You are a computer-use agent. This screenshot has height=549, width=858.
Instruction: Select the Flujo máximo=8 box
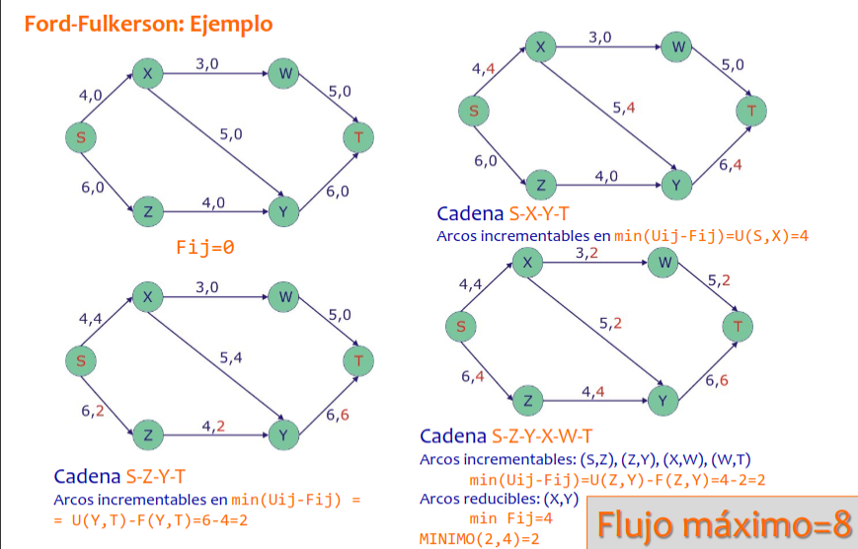pyautogui.click(x=720, y=523)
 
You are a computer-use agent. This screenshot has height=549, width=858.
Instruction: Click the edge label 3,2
pyautogui.click(x=586, y=254)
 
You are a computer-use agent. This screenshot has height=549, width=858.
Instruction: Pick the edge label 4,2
pyautogui.click(x=213, y=427)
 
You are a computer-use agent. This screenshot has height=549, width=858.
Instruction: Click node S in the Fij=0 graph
pyautogui.click(x=81, y=136)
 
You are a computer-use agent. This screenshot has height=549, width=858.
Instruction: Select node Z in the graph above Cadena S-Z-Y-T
pyautogui.click(x=147, y=434)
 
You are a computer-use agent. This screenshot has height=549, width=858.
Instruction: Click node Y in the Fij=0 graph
pyautogui.click(x=283, y=210)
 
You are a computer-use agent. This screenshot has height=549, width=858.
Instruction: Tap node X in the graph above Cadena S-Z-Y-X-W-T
pyautogui.click(x=527, y=262)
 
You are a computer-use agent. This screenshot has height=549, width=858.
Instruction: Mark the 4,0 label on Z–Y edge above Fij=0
pyautogui.click(x=213, y=201)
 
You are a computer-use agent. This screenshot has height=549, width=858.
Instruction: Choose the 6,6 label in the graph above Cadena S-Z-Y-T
pyautogui.click(x=337, y=416)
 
